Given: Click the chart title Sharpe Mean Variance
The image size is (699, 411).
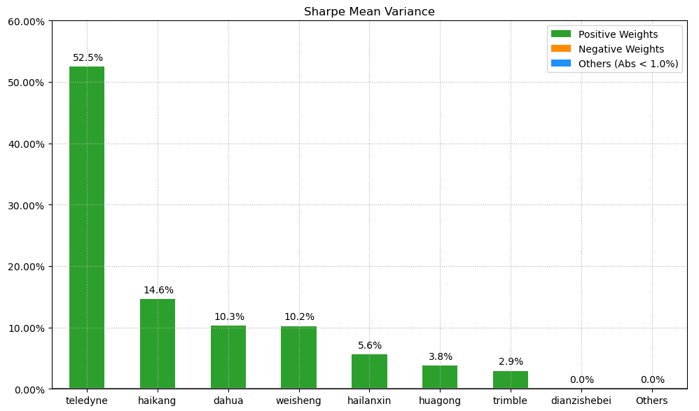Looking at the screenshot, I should click(x=369, y=12).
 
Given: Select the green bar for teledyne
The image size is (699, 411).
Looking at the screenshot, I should click(x=87, y=228).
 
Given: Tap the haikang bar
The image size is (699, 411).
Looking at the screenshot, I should click(x=158, y=344).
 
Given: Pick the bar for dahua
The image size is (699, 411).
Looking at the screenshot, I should click(x=228, y=357).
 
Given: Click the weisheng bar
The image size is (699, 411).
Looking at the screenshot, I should click(x=299, y=357).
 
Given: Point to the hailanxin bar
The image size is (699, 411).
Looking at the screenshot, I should click(x=369, y=371).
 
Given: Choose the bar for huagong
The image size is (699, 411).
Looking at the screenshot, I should click(x=440, y=377).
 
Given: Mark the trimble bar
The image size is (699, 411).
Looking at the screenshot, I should click(x=511, y=379).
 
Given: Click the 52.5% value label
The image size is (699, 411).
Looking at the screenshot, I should click(x=88, y=58).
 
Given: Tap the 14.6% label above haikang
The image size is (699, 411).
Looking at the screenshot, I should click(x=158, y=291).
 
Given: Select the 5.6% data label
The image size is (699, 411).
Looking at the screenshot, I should click(x=370, y=346).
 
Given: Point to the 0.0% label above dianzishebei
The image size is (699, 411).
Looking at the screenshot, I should click(x=581, y=380).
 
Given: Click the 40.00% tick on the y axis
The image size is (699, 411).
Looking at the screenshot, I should click(x=25, y=144).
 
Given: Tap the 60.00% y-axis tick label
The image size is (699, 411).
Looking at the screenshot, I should click(x=25, y=22).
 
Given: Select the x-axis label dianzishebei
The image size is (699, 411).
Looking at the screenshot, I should click(x=581, y=401).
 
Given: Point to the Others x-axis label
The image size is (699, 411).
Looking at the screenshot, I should click(x=652, y=401).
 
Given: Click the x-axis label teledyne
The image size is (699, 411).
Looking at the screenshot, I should click(x=87, y=401).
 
